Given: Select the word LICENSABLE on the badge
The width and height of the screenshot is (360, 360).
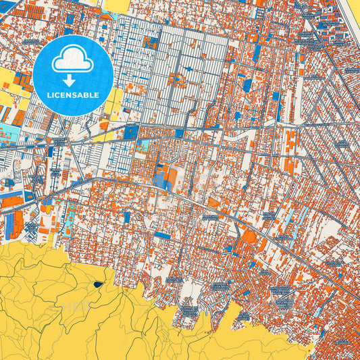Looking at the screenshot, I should (72, 95).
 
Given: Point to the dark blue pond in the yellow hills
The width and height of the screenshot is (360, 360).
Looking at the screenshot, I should (100, 284).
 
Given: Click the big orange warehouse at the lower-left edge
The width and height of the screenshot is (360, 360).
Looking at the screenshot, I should (11, 201).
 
